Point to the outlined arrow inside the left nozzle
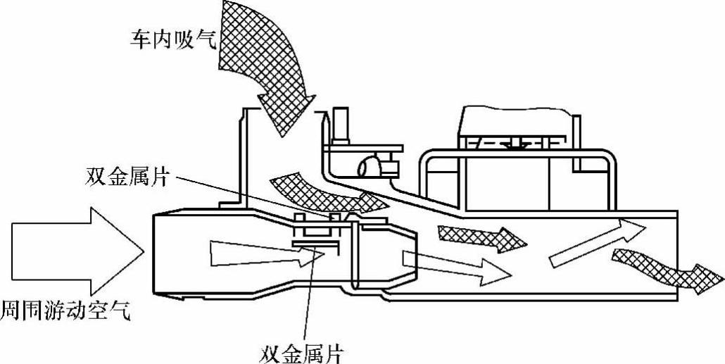(260, 253)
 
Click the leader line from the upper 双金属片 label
(246, 198)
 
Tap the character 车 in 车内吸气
(137, 38)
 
